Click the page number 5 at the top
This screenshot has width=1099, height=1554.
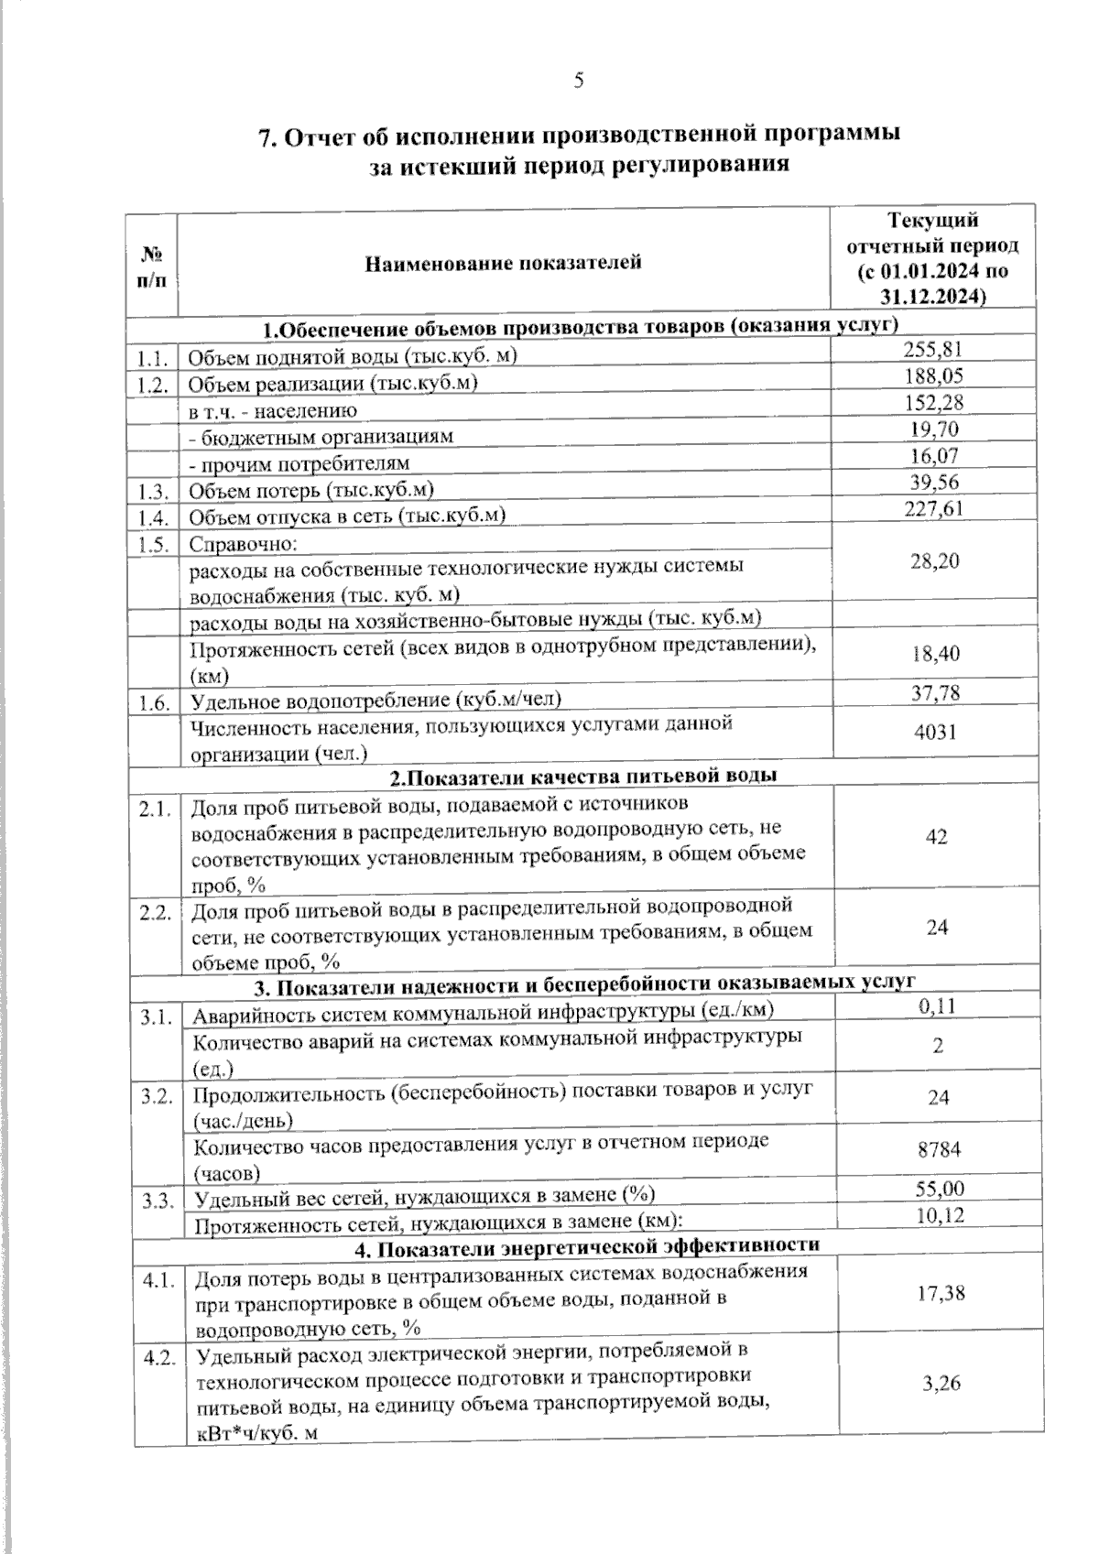pyautogui.click(x=579, y=81)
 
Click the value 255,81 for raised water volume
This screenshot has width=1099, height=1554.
pyautogui.click(x=933, y=349)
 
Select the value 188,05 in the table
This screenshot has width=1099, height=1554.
pyautogui.click(x=933, y=376)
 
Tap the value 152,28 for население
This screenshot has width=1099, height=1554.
pyautogui.click(x=933, y=403)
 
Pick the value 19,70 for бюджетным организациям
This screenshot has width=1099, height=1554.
pyautogui.click(x=934, y=429)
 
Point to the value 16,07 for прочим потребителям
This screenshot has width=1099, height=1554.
pyautogui.click(x=934, y=456)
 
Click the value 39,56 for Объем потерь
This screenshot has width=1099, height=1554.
pyautogui.click(x=934, y=483)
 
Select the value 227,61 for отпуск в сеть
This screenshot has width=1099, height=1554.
pyautogui.click(x=933, y=509)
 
